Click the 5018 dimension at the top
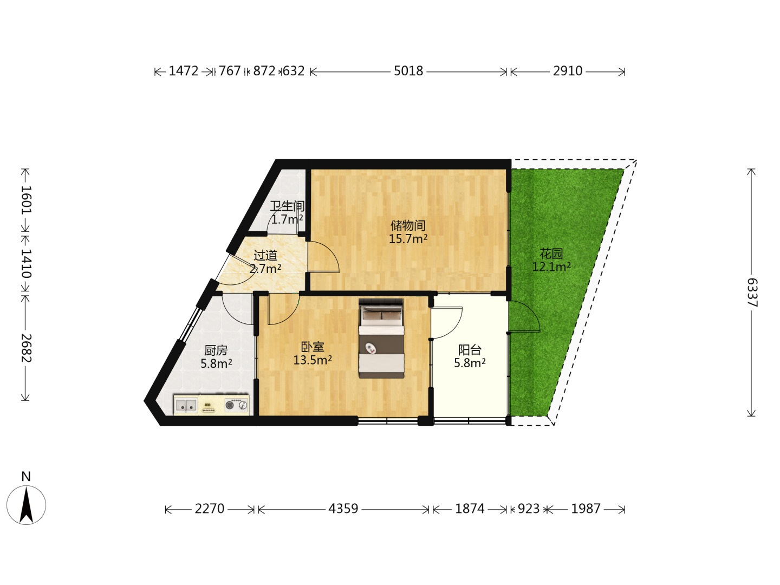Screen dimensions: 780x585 pyautogui.click(x=408, y=71)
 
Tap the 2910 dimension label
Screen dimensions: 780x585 pyautogui.click(x=568, y=71)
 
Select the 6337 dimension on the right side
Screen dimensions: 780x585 pyautogui.click(x=752, y=292)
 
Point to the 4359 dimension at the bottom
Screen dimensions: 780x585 pyautogui.click(x=343, y=509)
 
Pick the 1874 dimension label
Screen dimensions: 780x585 pyautogui.click(x=470, y=509)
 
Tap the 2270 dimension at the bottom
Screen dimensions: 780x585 pyautogui.click(x=209, y=509)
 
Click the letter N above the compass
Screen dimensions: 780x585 pyautogui.click(x=26, y=477)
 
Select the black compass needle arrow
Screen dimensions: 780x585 pyautogui.click(x=27, y=505)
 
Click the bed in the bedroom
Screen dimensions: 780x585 pyautogui.click(x=381, y=339)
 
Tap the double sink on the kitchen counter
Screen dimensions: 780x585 pyautogui.click(x=186, y=405)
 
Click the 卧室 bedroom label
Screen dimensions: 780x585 pyautogui.click(x=313, y=347)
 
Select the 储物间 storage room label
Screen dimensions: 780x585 pyautogui.click(x=408, y=225)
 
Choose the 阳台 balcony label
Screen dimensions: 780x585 pyautogui.click(x=470, y=350)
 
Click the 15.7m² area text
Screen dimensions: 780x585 pyautogui.click(x=408, y=239)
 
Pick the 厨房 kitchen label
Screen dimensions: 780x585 pyautogui.click(x=216, y=350)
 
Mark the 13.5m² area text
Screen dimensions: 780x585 pyautogui.click(x=313, y=360)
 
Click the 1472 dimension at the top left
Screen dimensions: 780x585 pyautogui.click(x=184, y=71)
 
